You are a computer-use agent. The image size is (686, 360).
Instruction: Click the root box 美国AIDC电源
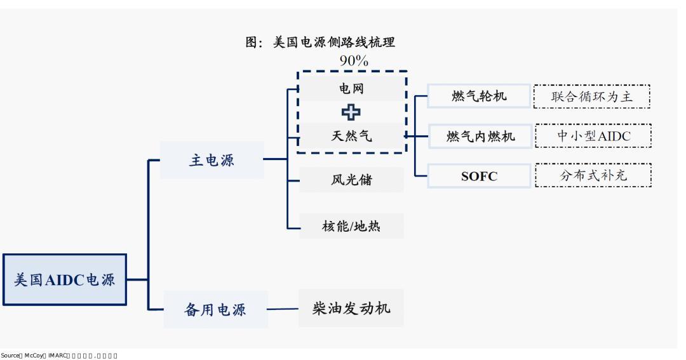coord(65,279)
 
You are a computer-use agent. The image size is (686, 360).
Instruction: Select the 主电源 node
coord(212,160)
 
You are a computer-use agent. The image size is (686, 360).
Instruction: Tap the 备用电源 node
coord(215,310)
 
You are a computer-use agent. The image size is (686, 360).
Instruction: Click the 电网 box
coord(351,90)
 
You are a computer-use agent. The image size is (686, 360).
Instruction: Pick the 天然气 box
coord(351,135)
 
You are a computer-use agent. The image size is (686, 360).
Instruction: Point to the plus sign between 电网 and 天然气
coord(351,112)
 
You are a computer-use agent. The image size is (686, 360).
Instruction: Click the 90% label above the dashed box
coord(353,61)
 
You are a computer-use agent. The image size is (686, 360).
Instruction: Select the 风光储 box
coord(351,180)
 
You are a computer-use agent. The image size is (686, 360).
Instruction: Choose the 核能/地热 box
coord(351,225)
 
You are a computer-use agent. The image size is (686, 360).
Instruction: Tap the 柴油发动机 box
coord(351,309)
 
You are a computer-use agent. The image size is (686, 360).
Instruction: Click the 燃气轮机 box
coord(479,97)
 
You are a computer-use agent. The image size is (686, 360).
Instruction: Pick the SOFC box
coord(479,177)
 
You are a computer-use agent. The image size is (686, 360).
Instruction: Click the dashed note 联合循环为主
coord(592,97)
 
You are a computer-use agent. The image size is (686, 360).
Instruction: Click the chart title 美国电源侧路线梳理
coord(320,43)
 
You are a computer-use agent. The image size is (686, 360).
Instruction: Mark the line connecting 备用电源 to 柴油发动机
coord(283,310)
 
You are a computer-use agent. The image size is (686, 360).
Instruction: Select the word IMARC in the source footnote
coord(57,356)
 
